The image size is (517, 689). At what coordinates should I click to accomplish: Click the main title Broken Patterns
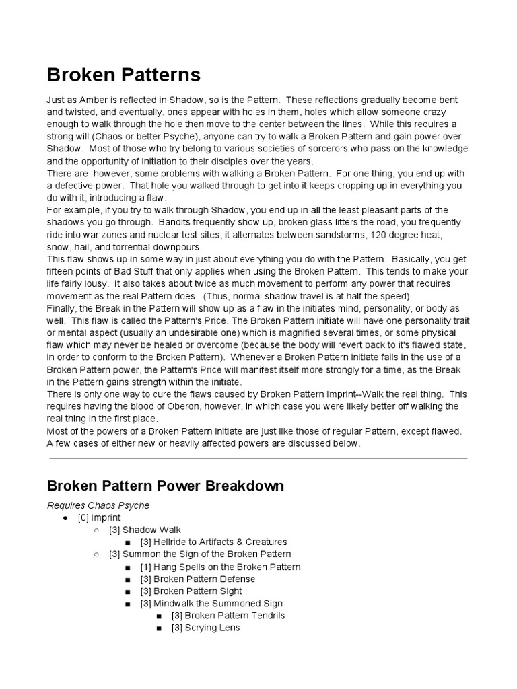[x=123, y=74]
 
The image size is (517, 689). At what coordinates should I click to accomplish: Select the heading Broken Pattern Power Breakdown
[x=165, y=486]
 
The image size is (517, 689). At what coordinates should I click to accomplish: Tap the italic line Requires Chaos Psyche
[x=98, y=505]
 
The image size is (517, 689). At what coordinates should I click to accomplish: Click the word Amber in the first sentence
[x=89, y=99]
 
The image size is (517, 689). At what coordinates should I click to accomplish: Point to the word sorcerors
[x=343, y=149]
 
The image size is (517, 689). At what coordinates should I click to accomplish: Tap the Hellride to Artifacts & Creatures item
[x=213, y=542]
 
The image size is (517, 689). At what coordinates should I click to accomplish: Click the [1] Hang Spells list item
[x=220, y=567]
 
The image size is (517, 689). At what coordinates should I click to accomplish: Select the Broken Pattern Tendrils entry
[x=228, y=616]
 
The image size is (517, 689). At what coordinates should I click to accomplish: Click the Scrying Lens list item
[x=205, y=628]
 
